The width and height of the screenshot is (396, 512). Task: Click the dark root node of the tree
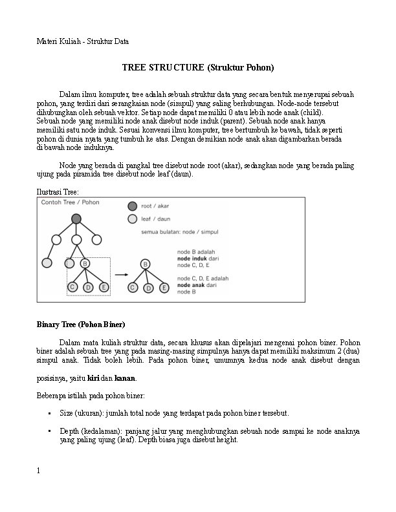tap(76, 219)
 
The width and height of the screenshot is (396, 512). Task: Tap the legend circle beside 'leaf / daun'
tap(132, 220)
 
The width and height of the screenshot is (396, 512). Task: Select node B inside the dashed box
tap(85, 263)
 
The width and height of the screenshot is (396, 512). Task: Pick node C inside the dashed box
tap(72, 286)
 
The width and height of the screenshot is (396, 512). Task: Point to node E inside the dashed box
tap(104, 286)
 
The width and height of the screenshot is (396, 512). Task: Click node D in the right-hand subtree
tap(148, 288)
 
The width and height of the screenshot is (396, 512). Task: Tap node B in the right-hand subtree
tap(145, 264)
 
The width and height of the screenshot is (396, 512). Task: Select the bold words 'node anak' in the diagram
tap(192, 285)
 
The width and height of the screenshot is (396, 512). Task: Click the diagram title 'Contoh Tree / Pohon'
tap(70, 202)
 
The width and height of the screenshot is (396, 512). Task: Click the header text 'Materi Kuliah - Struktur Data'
tap(82, 41)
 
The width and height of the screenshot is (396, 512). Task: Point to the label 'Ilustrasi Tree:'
tap(58, 191)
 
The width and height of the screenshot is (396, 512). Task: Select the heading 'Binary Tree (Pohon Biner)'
tap(81, 324)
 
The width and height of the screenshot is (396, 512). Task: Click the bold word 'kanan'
tap(125, 378)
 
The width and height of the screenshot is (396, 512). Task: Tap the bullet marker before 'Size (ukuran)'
tap(49, 412)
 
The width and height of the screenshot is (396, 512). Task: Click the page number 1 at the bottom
tap(39, 471)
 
